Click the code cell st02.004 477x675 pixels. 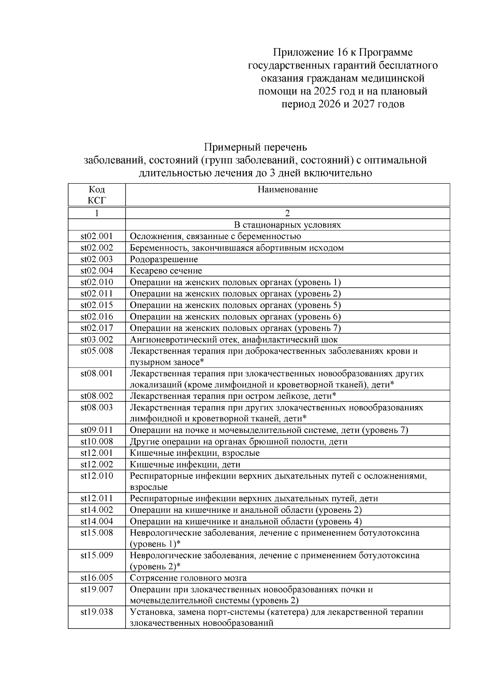pos(97,271)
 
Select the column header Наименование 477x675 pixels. pos(287,190)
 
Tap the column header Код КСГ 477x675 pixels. pos(97,195)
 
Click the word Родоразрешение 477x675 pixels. pos(164,259)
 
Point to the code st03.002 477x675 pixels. pos(97,340)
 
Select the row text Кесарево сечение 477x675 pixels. pos(166,271)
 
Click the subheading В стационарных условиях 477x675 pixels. pos(287,225)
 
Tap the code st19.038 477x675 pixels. pos(97,612)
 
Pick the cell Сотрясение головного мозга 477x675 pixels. pos(188,578)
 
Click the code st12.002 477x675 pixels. pos(97,465)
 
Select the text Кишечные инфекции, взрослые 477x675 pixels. pos(195,453)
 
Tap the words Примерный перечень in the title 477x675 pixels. pos(255,147)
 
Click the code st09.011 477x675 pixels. pos(97,430)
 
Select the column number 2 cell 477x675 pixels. pos(287,214)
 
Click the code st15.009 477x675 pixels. pos(97,555)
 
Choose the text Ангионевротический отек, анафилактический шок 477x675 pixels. pos(234,340)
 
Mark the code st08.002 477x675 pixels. pos(97,396)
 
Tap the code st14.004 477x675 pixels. pos(97,521)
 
